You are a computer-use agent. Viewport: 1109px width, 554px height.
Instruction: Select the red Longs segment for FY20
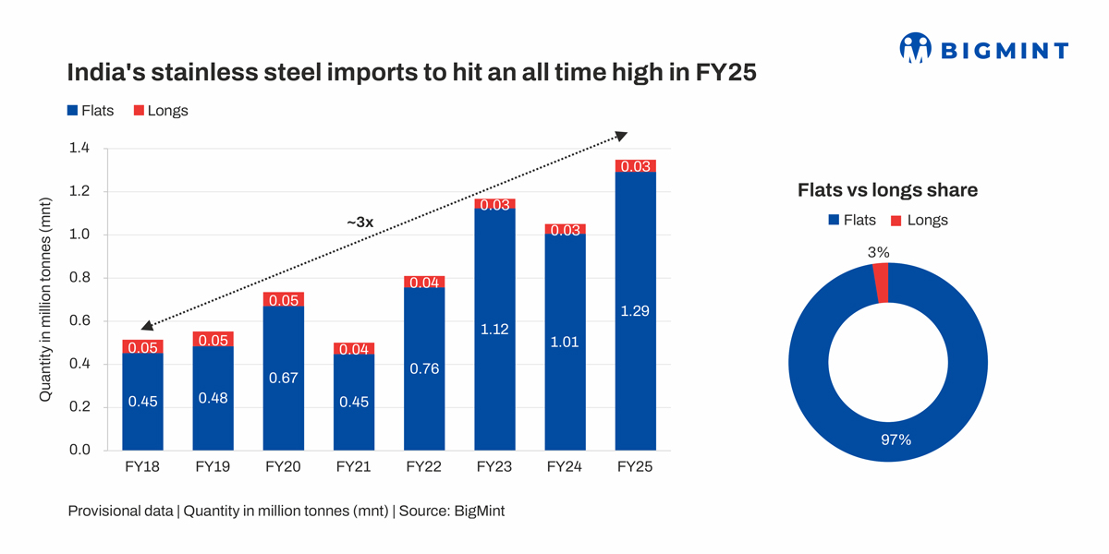(x=284, y=299)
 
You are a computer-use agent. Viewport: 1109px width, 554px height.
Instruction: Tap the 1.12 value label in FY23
(x=494, y=329)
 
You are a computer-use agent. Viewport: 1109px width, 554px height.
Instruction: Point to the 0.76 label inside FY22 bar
(x=424, y=368)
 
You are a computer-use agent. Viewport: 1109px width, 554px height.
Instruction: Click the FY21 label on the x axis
(x=353, y=467)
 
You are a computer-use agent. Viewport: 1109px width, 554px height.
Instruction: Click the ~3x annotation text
(x=360, y=223)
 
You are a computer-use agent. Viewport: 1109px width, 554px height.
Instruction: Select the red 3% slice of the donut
(x=881, y=283)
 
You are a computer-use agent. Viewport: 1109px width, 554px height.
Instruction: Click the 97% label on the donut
(x=896, y=440)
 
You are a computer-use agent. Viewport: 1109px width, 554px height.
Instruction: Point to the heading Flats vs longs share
(x=887, y=190)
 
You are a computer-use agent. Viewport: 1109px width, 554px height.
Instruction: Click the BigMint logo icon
(x=915, y=48)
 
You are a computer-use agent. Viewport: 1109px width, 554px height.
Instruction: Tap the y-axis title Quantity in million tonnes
(x=44, y=300)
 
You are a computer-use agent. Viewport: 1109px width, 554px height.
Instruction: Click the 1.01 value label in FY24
(x=565, y=342)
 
